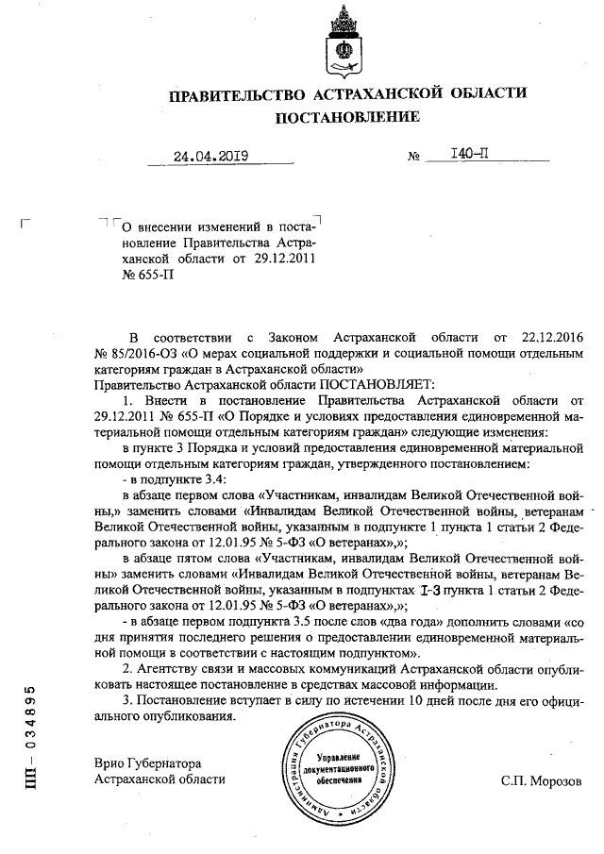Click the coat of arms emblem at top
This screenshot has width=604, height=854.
[347, 42]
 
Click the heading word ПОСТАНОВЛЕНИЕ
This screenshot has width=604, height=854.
[346, 118]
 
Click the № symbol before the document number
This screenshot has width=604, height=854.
[413, 157]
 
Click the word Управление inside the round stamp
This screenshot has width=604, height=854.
[341, 758]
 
